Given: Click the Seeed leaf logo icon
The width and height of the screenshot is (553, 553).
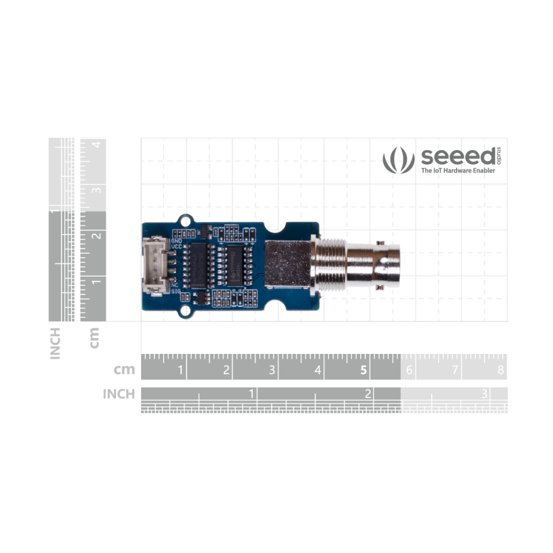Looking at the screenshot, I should click(x=398, y=160).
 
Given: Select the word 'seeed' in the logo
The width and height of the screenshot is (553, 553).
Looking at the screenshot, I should click(x=458, y=156).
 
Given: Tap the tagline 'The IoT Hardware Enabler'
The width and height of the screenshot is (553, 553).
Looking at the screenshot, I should click(x=458, y=170).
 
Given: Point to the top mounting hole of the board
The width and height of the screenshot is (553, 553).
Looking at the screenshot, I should click(x=185, y=221).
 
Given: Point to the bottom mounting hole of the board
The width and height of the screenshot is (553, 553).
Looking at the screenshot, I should click(x=185, y=312).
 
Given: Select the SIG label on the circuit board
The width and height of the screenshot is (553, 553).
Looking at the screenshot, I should click(x=176, y=292).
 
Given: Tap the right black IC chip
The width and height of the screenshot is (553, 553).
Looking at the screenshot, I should click(x=236, y=265).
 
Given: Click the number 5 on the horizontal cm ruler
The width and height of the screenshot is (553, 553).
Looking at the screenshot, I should click(x=364, y=370).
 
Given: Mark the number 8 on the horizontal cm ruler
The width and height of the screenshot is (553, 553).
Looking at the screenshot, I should click(x=500, y=371).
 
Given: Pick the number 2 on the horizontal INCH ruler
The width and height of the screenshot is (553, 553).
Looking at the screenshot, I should click(x=367, y=393).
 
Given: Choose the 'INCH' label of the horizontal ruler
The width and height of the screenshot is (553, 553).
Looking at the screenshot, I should click(x=118, y=393).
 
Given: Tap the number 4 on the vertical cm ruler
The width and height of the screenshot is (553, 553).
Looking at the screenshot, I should click(x=97, y=144).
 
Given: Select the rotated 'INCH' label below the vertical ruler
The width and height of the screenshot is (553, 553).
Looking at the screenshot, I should click(x=55, y=344).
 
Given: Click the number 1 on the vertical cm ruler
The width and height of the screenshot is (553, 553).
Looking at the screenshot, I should click(x=97, y=281).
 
